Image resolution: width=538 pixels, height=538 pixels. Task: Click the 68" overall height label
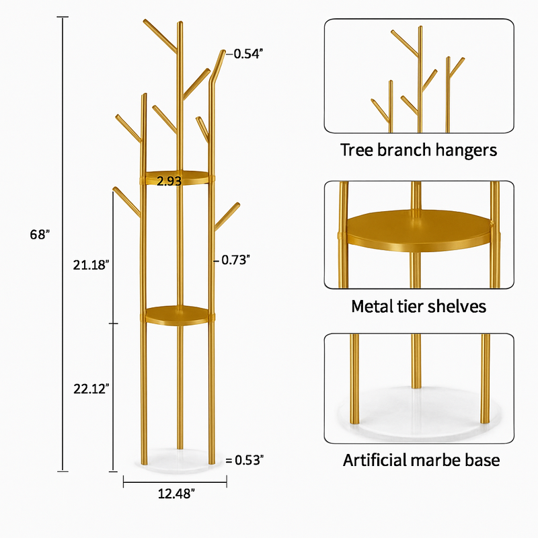pyautogui.click(x=40, y=234)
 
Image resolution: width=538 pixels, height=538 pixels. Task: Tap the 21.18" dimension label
pyautogui.click(x=91, y=265)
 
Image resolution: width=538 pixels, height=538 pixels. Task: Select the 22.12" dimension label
pyautogui.click(x=91, y=389)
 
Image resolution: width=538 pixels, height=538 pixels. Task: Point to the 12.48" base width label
pyautogui.click(x=176, y=494)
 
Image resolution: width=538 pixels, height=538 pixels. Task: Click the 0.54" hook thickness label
pyautogui.click(x=248, y=54)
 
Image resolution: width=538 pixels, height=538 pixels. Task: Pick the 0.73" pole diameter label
pyautogui.click(x=235, y=260)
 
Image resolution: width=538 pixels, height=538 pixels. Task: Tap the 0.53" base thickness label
pyautogui.click(x=249, y=460)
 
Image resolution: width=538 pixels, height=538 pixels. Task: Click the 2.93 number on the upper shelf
pyautogui.click(x=169, y=181)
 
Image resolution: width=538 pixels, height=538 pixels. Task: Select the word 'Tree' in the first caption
pyautogui.click(x=356, y=150)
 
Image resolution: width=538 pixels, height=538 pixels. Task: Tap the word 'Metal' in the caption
pyautogui.click(x=372, y=306)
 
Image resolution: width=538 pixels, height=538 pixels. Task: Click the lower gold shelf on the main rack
pyautogui.click(x=177, y=315)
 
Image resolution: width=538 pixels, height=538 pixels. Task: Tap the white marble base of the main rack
pyautogui.click(x=178, y=461)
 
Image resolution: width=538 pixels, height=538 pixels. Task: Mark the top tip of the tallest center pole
pyautogui.click(x=180, y=22)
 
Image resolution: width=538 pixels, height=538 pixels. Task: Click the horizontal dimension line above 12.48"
pyautogui.click(x=175, y=482)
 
